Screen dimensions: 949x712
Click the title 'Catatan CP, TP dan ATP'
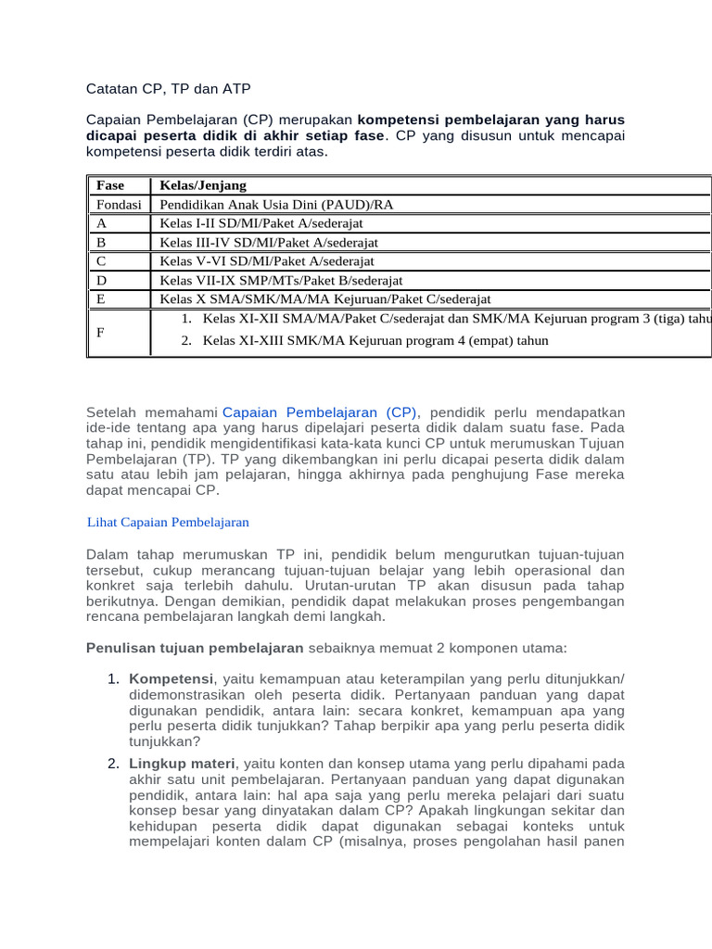pos(168,89)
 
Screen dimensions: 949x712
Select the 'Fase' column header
pos(109,185)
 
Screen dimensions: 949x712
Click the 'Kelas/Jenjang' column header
pos(203,185)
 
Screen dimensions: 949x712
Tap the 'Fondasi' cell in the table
pos(118,204)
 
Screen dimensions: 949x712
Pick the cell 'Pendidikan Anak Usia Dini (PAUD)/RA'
pos(276,204)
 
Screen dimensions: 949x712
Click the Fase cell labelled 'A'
pos(101,223)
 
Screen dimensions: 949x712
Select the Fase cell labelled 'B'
pos(101,242)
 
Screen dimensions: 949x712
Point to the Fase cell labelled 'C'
pos(101,261)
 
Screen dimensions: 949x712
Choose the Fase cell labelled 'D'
pos(101,280)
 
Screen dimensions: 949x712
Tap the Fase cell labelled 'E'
pos(101,299)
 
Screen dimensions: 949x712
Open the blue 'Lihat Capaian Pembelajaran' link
pos(167,523)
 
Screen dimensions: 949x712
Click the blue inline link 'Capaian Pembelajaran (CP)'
pos(320,411)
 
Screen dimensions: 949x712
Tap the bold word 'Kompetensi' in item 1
pos(171,678)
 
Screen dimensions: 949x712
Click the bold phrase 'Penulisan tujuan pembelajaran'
pos(195,647)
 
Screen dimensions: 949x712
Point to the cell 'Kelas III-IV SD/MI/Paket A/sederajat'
pos(269,242)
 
